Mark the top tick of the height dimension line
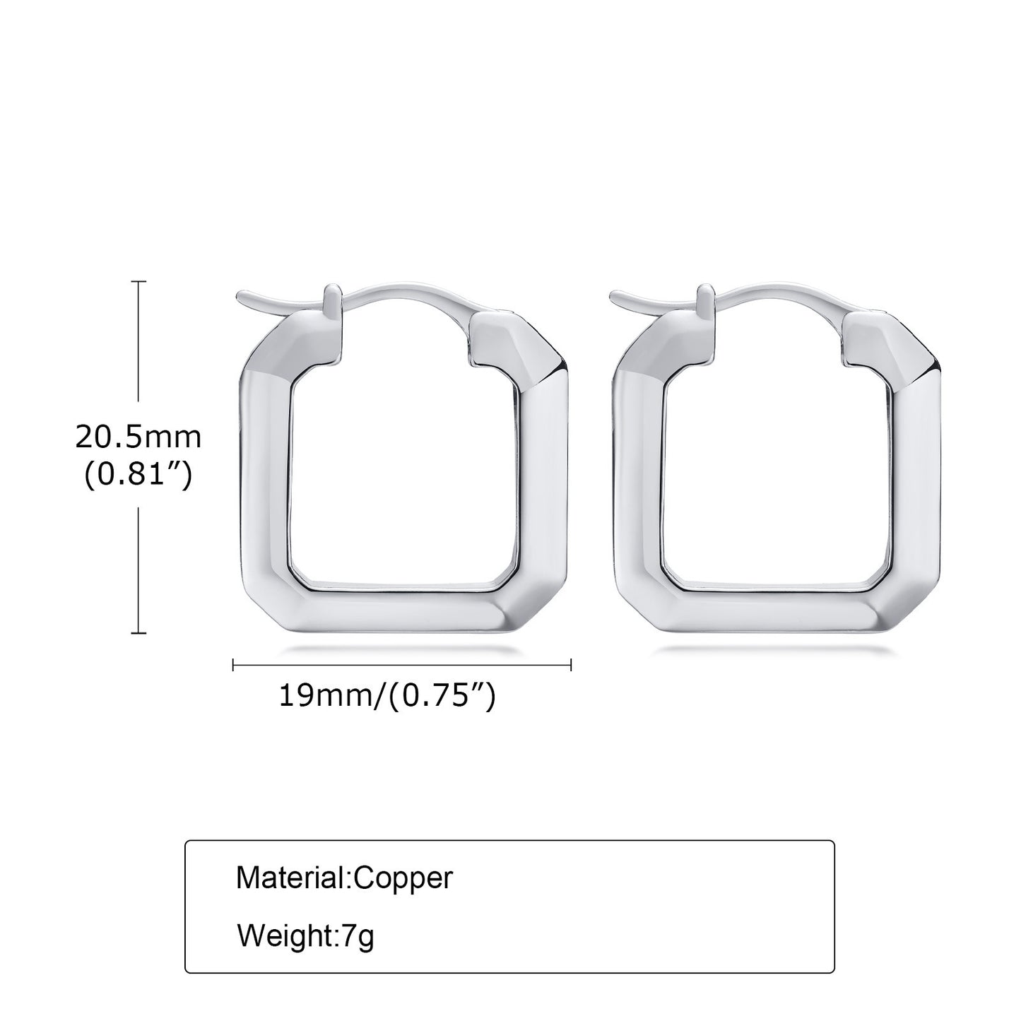(x=138, y=281)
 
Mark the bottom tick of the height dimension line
(x=138, y=632)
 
